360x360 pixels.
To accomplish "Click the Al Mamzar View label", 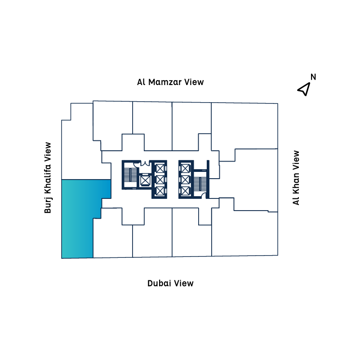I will [x=170, y=82].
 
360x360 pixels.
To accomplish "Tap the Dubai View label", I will [x=170, y=283].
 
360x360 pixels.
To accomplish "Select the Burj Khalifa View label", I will [x=48, y=178].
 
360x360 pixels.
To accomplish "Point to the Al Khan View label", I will [x=296, y=178].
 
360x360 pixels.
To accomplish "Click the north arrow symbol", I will [x=304, y=89].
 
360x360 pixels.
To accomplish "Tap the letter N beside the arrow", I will [x=313, y=77].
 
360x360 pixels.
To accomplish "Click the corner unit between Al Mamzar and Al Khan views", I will [x=244, y=126].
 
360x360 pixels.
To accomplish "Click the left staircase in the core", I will [x=130, y=176].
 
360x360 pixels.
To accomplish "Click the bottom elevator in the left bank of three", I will [x=159, y=191].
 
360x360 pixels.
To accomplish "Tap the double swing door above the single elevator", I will [x=145, y=165].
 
